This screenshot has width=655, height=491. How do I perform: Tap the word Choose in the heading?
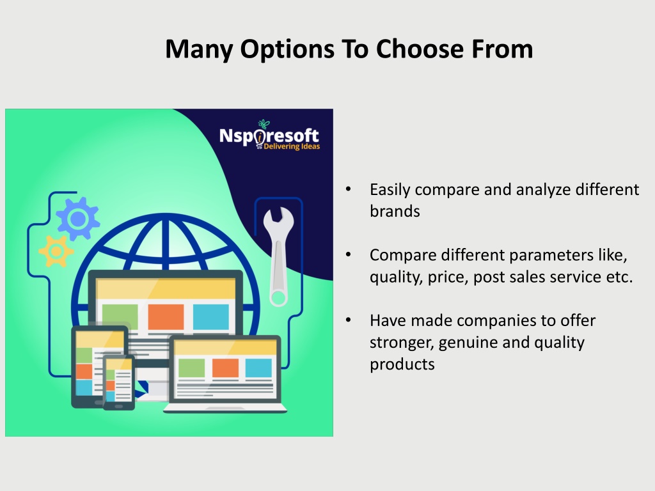pyautogui.click(x=420, y=49)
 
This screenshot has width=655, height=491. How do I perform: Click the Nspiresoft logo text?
pyautogui.click(x=269, y=136)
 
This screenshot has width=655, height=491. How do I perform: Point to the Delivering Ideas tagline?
pyautogui.click(x=292, y=146)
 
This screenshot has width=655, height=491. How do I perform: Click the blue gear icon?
pyautogui.click(x=77, y=219)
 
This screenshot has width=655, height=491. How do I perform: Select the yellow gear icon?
pyautogui.click(x=56, y=251)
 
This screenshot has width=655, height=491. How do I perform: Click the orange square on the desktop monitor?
pyautogui.click(x=166, y=317)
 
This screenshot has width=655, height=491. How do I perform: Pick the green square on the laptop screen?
pyautogui.click(x=191, y=368)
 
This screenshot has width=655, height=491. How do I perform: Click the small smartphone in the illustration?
pyautogui.click(x=119, y=382)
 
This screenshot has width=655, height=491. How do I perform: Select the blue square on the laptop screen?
pyautogui.click(x=258, y=368)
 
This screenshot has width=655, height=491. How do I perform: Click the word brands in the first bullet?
pyautogui.click(x=395, y=211)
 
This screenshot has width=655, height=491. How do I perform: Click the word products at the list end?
pyautogui.click(x=402, y=365)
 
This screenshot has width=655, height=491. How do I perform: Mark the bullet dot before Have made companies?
pyautogui.click(x=349, y=320)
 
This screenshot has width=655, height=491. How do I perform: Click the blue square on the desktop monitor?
pyautogui.click(x=211, y=317)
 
